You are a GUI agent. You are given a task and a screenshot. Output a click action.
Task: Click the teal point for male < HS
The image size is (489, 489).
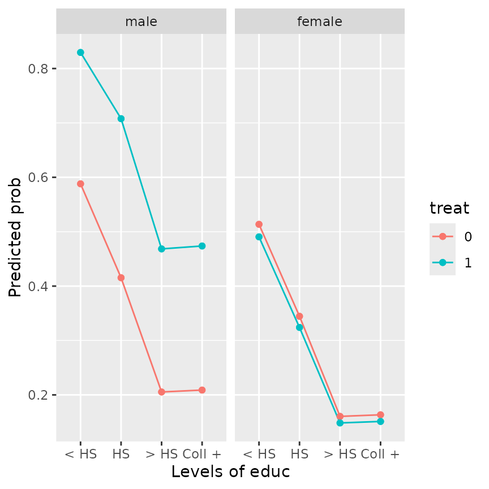[80, 53]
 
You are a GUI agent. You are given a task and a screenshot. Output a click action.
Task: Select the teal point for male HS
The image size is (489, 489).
[121, 119]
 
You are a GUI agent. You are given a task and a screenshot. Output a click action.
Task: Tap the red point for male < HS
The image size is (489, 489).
[80, 184]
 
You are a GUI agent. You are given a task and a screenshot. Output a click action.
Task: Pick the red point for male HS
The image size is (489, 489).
[121, 278]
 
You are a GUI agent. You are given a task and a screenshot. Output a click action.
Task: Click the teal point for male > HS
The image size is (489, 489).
[161, 249]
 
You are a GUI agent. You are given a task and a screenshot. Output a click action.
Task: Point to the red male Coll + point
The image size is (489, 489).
[202, 390]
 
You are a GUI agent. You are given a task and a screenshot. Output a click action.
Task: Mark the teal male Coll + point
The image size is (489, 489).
[202, 246]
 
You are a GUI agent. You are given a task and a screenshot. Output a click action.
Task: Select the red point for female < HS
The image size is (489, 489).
[259, 224]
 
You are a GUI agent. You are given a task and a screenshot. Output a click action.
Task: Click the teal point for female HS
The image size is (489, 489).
[299, 327]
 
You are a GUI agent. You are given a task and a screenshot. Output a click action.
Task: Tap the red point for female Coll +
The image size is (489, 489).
[380, 415]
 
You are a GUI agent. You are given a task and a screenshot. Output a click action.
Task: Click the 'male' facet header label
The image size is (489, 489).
[141, 22]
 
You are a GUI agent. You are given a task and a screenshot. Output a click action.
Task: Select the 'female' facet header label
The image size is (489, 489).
[319, 22]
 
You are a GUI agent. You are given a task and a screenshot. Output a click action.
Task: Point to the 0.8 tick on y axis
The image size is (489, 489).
[39, 68]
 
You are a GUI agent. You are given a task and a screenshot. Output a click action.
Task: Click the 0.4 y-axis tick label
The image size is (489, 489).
[39, 286]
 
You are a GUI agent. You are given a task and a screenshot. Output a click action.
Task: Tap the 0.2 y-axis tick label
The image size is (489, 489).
[39, 395]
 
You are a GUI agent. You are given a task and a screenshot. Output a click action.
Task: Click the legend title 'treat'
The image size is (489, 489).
[449, 208]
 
